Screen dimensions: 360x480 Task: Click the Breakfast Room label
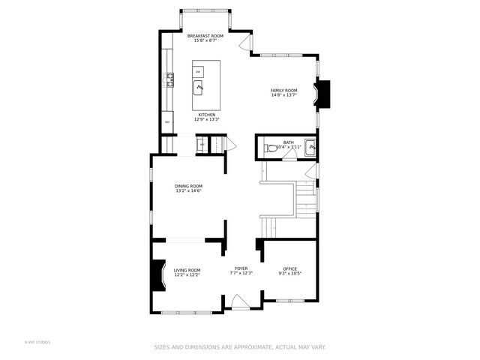(205, 36)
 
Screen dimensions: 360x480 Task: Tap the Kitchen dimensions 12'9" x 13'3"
(206, 119)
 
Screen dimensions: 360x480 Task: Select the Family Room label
(283, 90)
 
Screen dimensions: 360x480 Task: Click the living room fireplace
(158, 274)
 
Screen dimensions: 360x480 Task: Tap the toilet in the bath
(271, 148)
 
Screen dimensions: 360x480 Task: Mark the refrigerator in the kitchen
(167, 121)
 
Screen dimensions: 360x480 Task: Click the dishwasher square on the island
(198, 71)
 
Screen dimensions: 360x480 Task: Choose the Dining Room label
(188, 186)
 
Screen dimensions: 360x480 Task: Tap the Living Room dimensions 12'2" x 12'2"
(187, 274)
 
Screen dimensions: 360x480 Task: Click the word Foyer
(241, 268)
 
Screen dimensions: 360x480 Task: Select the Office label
(289, 268)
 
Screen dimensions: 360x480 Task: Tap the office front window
(291, 301)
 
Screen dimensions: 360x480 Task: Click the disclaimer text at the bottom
(240, 347)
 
